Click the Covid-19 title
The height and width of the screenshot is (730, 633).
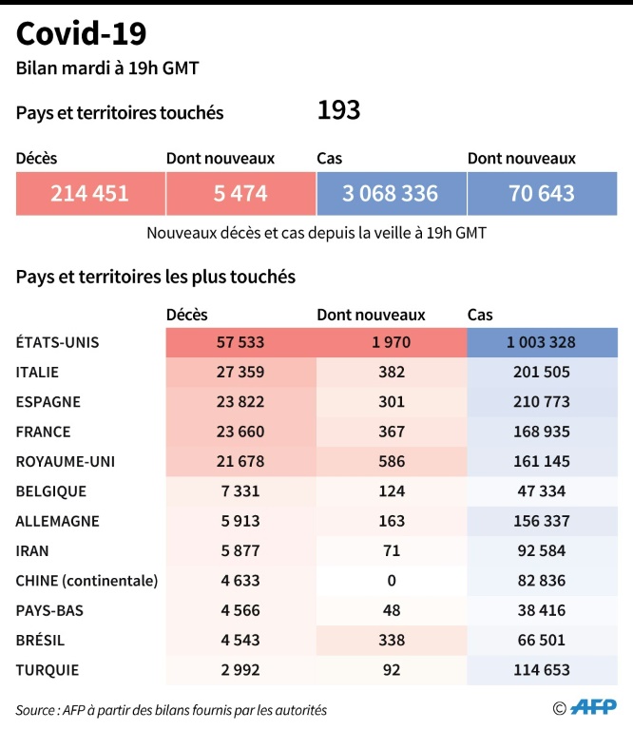pyautogui.click(x=81, y=34)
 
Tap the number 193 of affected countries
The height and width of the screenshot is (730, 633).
pyautogui.click(x=338, y=111)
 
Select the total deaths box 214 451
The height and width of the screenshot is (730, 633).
pyautogui.click(x=90, y=194)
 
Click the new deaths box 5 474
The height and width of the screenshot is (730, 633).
pyautogui.click(x=240, y=194)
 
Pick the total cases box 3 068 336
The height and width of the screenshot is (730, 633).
pyautogui.click(x=391, y=194)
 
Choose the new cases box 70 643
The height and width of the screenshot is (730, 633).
pyautogui.click(x=542, y=194)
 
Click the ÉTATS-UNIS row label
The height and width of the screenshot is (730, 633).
pyautogui.click(x=58, y=342)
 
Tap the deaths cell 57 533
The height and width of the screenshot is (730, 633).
pyautogui.click(x=240, y=342)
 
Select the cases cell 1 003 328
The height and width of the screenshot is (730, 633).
pyautogui.click(x=542, y=342)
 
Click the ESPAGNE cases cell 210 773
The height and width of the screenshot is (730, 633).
pyautogui.click(x=542, y=402)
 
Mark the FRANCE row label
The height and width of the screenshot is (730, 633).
pyautogui.click(x=44, y=432)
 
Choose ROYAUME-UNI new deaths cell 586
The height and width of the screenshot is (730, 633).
pyautogui.click(x=391, y=461)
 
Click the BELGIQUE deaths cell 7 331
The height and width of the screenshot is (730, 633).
pyautogui.click(x=240, y=491)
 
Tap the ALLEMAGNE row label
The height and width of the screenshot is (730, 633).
pyautogui.click(x=57, y=521)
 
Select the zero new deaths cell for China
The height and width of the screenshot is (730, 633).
pyautogui.click(x=391, y=580)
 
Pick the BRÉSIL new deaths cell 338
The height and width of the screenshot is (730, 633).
pyautogui.click(x=391, y=640)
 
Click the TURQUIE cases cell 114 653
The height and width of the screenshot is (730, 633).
pyautogui.click(x=542, y=669)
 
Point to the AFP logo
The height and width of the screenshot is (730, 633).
pyautogui.click(x=594, y=707)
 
